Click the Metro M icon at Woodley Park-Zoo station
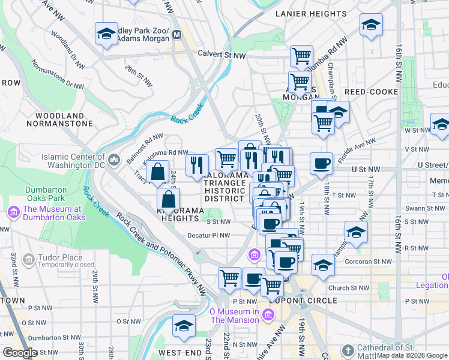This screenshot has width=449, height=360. [177, 35]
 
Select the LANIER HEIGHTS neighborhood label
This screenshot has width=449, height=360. [304, 13]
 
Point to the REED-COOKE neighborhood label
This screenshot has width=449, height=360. [371, 91]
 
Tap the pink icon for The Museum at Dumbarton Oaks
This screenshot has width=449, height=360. [13, 212]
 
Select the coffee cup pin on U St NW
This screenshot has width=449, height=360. [322, 163]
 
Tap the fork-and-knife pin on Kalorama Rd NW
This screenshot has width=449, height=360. [197, 165]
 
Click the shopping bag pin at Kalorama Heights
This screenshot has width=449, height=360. [169, 199]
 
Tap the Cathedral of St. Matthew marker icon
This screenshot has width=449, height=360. [348, 350]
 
